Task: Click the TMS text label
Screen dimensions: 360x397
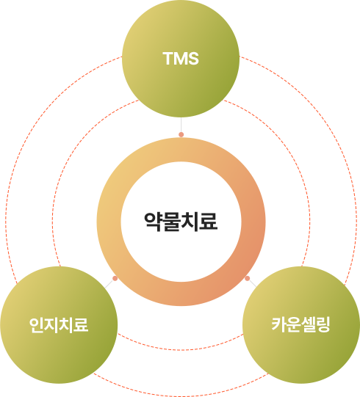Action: (x=181, y=59)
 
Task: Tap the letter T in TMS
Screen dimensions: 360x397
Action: (x=168, y=59)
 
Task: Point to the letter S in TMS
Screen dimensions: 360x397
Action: (x=192, y=59)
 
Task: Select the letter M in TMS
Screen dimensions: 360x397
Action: (x=180, y=59)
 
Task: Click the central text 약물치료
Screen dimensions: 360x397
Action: (x=181, y=222)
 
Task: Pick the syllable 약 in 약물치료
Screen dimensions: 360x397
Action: (x=154, y=222)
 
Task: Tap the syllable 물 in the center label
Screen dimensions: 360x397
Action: (x=172, y=222)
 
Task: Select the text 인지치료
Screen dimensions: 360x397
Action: (x=59, y=325)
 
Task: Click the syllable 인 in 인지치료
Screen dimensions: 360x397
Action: (x=37, y=325)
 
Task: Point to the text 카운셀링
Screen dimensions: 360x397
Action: (x=301, y=324)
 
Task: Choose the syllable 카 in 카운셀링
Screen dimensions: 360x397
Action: (x=279, y=324)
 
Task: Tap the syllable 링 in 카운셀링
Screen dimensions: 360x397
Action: (x=323, y=324)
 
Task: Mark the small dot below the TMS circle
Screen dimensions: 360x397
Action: (x=181, y=134)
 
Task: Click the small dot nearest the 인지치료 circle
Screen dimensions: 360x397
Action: (x=115, y=278)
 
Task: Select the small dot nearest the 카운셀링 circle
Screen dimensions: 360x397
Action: (x=247, y=278)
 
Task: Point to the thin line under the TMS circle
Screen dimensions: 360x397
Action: (x=181, y=125)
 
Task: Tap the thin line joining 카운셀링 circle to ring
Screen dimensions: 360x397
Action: (x=253, y=283)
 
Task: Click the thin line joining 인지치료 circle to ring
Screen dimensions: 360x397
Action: (x=109, y=283)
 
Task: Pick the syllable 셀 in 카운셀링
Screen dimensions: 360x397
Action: (x=309, y=324)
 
